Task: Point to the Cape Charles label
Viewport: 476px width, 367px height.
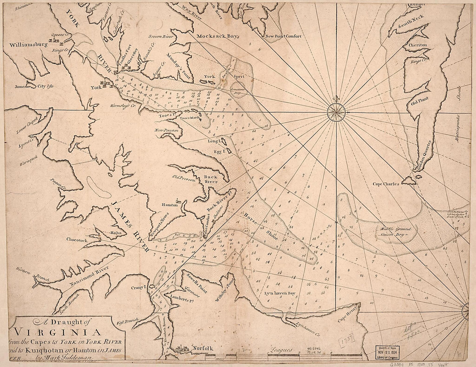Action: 386,184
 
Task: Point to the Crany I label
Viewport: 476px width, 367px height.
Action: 138,288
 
